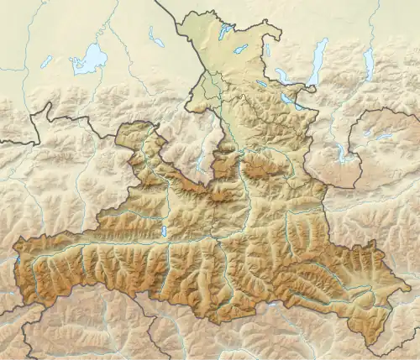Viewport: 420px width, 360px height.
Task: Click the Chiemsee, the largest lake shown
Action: [x=89, y=60]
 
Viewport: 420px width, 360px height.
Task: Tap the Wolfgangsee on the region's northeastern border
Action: [x=290, y=98]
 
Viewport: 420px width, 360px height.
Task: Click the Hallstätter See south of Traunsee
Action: [x=341, y=153]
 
